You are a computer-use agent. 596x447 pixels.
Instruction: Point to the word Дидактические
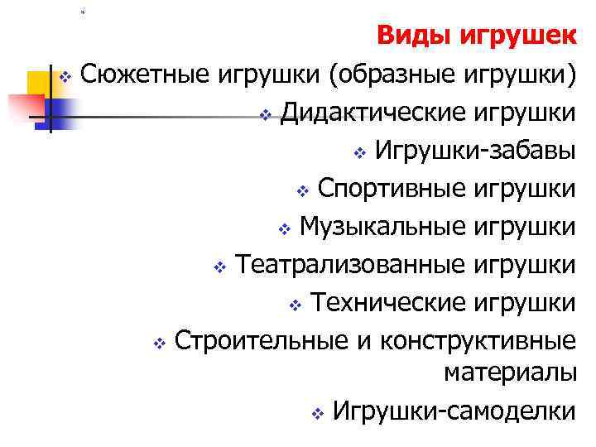point(374,113)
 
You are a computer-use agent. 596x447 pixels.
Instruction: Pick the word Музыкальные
point(382,226)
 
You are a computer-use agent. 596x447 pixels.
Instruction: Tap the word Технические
point(388,302)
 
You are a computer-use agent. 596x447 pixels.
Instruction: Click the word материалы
point(509,373)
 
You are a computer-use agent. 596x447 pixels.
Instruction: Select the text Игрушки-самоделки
point(453,411)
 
